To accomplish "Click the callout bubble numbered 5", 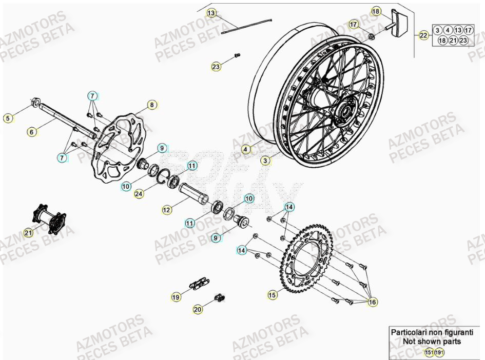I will (x=8, y=118).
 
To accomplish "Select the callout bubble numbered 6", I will (x=32, y=132).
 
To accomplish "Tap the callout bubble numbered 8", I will (x=151, y=105).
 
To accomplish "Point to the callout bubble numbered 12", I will (x=166, y=209).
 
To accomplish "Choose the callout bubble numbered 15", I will (x=272, y=295).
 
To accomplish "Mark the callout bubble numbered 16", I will (x=373, y=302).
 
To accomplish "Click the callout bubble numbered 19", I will (x=176, y=296).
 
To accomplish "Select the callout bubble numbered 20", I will (x=198, y=309).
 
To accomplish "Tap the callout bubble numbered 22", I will (x=423, y=35).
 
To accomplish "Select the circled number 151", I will (x=428, y=352).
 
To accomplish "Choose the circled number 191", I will (x=439, y=352).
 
